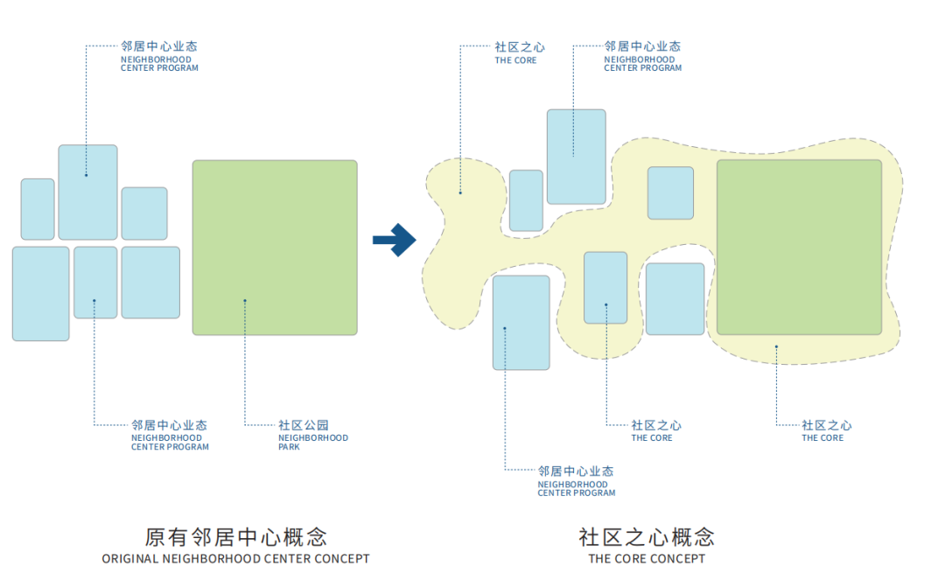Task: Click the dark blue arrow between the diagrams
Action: coord(395,240)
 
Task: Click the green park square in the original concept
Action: coord(275,247)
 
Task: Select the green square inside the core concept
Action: coord(799,247)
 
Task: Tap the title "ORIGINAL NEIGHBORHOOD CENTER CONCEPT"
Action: coord(235,559)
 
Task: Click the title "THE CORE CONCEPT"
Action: coord(647,559)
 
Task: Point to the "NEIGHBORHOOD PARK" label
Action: coord(312,442)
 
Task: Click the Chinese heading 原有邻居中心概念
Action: coord(235,536)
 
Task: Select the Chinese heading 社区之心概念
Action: coord(647,536)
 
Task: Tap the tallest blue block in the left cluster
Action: coord(87,192)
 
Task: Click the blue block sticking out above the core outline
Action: coord(576,157)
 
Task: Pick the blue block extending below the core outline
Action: coord(521,323)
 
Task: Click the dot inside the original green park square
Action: coord(245,301)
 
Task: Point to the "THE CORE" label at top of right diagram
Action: coord(516,60)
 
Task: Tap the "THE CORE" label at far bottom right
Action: coord(823,437)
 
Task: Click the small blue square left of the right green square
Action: coord(670,192)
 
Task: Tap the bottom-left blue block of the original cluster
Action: coord(40,293)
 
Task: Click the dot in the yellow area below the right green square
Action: coord(776,346)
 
